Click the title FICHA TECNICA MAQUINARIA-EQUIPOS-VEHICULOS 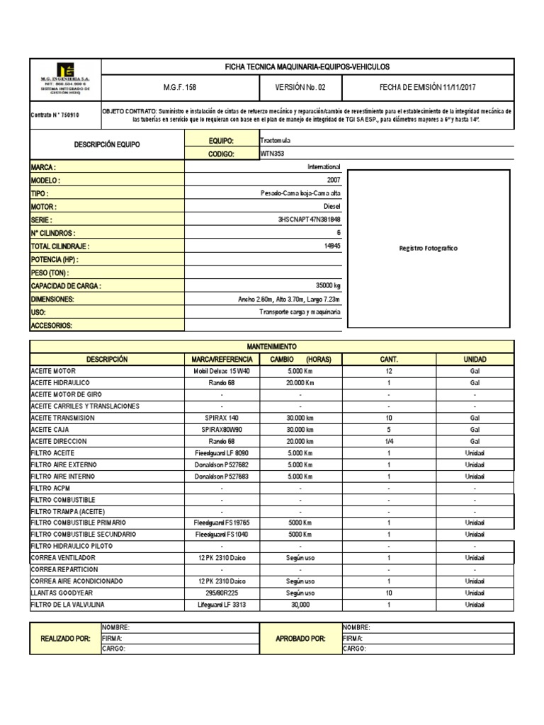point(307,67)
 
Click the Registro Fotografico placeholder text point(429,249)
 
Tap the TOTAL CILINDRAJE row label point(60,246)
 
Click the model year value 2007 point(334,181)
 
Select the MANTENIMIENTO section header point(272,347)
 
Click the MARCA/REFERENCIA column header point(222,359)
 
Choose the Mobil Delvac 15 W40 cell point(222,371)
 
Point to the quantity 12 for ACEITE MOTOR point(389,371)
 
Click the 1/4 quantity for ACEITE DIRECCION point(389,441)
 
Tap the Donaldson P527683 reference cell point(222,476)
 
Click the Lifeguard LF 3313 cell point(222,605)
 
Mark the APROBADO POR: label point(300,639)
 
